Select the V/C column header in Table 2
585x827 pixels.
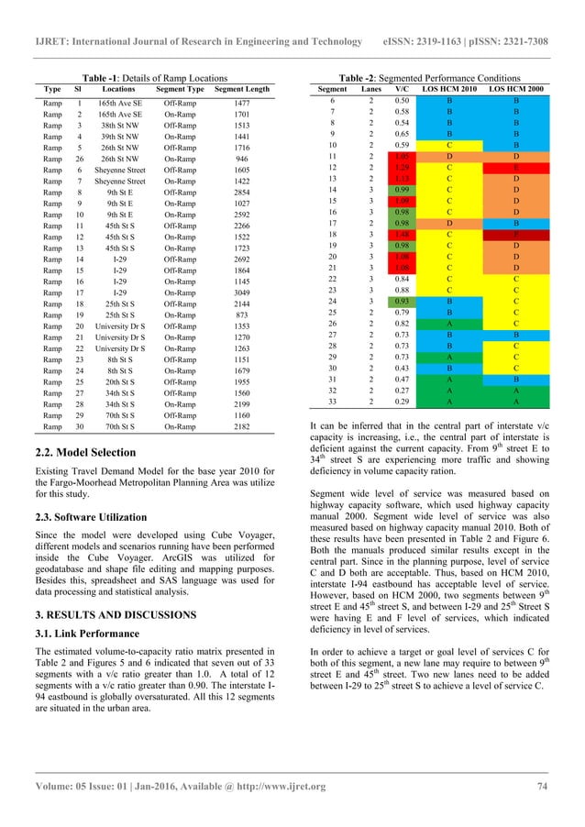coord(401,89)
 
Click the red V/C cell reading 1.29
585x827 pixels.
coord(401,168)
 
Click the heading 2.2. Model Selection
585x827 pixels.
coord(79,453)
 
